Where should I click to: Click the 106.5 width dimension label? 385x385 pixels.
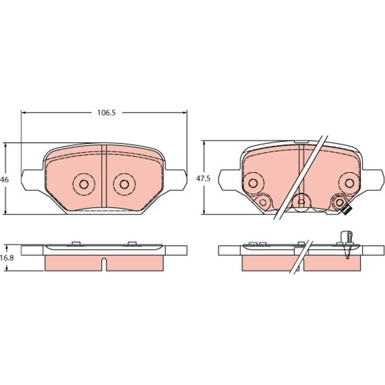coord(106,113)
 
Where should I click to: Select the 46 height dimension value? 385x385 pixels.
coord(4,180)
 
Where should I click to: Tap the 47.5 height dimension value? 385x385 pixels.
coord(203,179)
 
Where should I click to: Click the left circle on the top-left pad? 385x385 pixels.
coord(84,184)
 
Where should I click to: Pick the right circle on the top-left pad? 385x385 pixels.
coord(124,184)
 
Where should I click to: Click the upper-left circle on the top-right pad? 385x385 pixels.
coord(253,182)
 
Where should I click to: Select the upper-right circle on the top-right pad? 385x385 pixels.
coord(349,182)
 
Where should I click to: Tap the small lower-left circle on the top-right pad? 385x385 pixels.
coord(263,203)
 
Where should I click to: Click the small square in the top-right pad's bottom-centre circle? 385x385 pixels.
coord(301,202)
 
